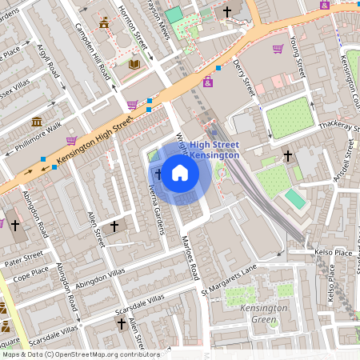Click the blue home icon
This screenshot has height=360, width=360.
tap(180, 173)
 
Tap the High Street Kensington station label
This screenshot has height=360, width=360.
tap(214, 150)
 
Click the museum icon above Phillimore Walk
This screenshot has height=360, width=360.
tap(37, 122)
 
